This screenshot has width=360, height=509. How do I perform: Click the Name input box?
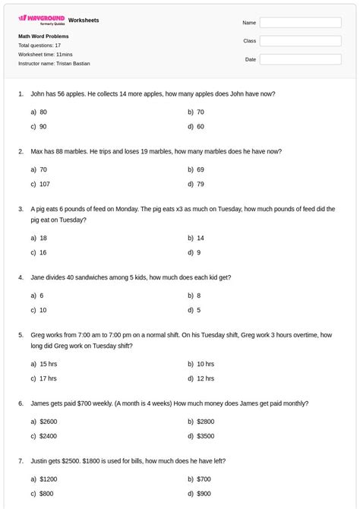click(x=300, y=23)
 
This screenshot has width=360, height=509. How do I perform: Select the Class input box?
click(x=300, y=41)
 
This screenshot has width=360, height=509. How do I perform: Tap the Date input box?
click(x=300, y=59)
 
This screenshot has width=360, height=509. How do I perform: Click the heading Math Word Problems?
click(x=43, y=36)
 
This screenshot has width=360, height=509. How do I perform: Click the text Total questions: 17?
click(x=39, y=46)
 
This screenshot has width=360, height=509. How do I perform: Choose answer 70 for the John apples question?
click(x=200, y=112)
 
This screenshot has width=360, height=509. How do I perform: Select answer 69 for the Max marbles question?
click(x=200, y=169)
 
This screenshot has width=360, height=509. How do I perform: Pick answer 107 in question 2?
click(x=44, y=184)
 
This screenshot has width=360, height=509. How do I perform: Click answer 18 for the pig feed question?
click(x=43, y=238)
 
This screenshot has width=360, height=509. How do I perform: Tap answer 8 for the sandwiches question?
click(x=198, y=296)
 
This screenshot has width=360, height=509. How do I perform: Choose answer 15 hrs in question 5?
click(x=48, y=364)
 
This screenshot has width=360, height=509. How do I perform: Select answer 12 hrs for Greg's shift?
click(x=205, y=378)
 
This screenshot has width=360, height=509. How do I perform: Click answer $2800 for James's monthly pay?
click(x=205, y=421)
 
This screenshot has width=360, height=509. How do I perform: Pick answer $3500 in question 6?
click(x=205, y=436)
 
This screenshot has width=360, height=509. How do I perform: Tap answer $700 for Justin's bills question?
click(x=204, y=479)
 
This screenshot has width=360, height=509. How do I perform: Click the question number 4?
click(x=21, y=277)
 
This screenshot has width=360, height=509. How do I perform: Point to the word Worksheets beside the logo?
click(x=84, y=20)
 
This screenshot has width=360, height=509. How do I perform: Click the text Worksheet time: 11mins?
click(x=46, y=55)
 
